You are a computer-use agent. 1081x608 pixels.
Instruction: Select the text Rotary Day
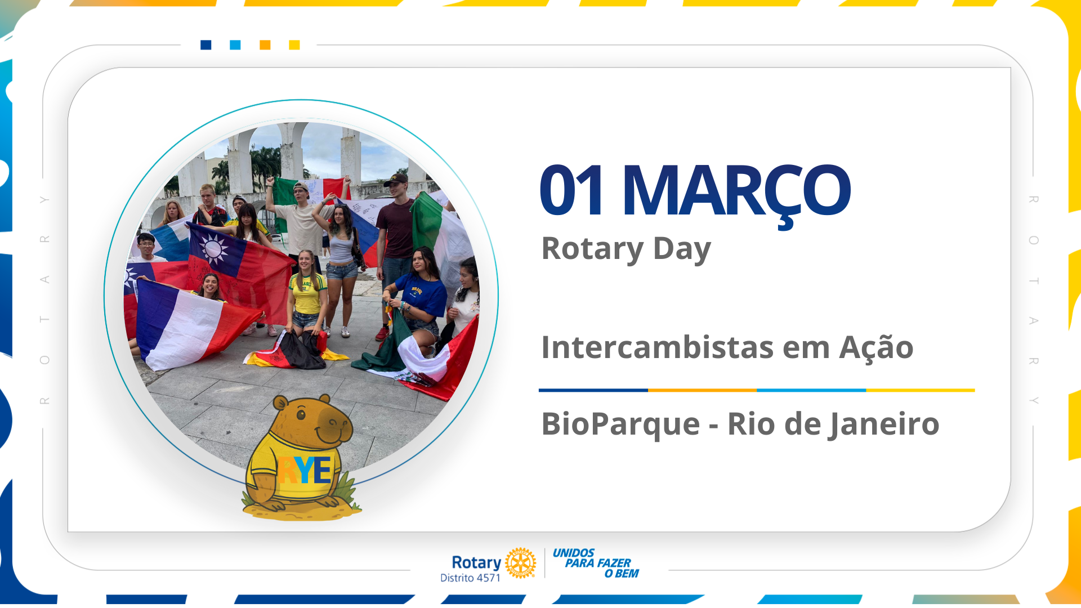click(x=626, y=249)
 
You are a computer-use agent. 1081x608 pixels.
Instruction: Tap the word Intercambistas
click(x=656, y=347)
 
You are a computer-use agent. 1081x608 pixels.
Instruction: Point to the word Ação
click(x=876, y=347)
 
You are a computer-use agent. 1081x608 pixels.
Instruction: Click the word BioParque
click(x=620, y=424)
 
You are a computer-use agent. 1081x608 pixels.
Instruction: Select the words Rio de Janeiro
click(x=833, y=424)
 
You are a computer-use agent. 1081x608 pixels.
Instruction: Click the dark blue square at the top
click(x=206, y=45)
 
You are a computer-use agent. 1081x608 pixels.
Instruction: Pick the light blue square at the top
click(x=235, y=45)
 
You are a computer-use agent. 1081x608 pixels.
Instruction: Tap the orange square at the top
click(x=265, y=45)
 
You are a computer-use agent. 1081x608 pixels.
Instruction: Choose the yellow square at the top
click(x=294, y=45)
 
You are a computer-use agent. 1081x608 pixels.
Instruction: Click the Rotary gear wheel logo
click(x=520, y=562)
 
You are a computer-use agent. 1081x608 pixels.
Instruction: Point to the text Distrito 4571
click(x=470, y=578)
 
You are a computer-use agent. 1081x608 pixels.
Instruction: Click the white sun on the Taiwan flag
click(x=213, y=248)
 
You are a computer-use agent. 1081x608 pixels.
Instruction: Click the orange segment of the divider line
click(x=702, y=390)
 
